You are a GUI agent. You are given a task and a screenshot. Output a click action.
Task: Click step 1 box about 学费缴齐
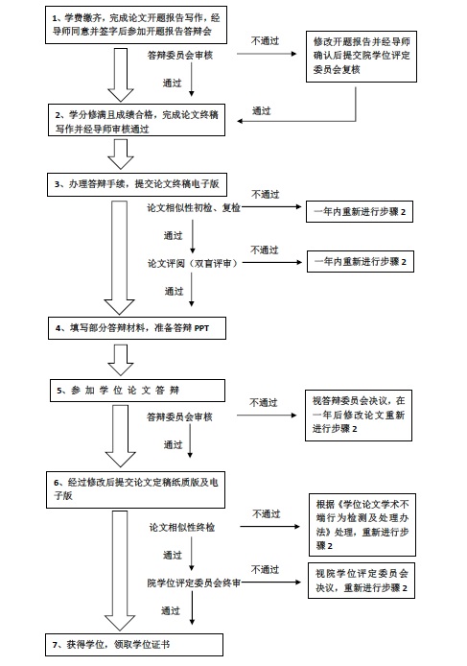click(136, 25)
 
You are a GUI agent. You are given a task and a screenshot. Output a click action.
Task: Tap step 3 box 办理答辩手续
click(137, 184)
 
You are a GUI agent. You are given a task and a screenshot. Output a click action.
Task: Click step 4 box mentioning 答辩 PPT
click(137, 328)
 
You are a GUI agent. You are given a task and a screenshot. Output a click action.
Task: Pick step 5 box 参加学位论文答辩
click(137, 391)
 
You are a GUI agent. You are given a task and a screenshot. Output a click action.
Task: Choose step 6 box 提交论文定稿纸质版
click(135, 489)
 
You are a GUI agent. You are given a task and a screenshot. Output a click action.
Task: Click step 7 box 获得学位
click(134, 645)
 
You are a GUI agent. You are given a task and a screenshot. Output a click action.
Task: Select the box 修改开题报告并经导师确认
click(362, 57)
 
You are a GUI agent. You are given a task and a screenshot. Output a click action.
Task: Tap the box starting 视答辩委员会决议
click(359, 415)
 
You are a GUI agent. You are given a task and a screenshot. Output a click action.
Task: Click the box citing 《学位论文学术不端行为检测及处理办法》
click(362, 525)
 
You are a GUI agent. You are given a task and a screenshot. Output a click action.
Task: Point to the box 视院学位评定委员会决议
click(362, 581)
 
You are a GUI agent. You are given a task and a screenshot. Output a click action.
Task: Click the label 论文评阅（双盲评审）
click(193, 263)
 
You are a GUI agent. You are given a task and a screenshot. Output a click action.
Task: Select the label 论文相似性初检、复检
click(194, 207)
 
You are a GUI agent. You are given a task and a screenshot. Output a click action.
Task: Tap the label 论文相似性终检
click(181, 528)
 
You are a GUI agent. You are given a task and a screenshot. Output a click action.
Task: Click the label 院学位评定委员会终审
click(194, 583)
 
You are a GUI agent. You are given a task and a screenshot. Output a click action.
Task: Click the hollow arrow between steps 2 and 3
click(121, 155)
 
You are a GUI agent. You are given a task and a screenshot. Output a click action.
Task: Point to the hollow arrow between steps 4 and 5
click(121, 360)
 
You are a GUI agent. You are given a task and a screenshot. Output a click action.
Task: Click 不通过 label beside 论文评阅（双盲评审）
click(264, 250)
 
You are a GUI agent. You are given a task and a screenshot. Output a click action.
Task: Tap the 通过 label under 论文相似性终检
click(173, 555)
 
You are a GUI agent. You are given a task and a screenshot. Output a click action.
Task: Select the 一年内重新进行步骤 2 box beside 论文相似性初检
click(360, 211)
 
